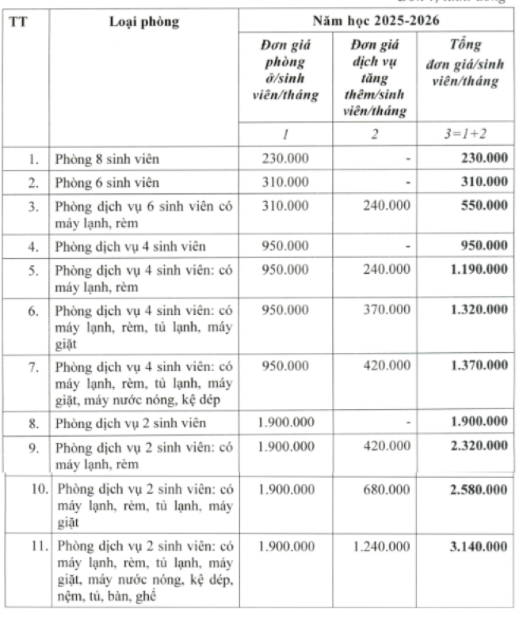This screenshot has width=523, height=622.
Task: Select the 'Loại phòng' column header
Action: click(x=144, y=21)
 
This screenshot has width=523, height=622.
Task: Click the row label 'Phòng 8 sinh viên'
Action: click(x=106, y=159)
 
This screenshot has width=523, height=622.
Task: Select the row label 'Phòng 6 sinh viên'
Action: click(x=106, y=183)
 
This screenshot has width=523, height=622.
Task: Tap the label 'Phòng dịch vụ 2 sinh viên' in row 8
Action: click(x=128, y=423)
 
